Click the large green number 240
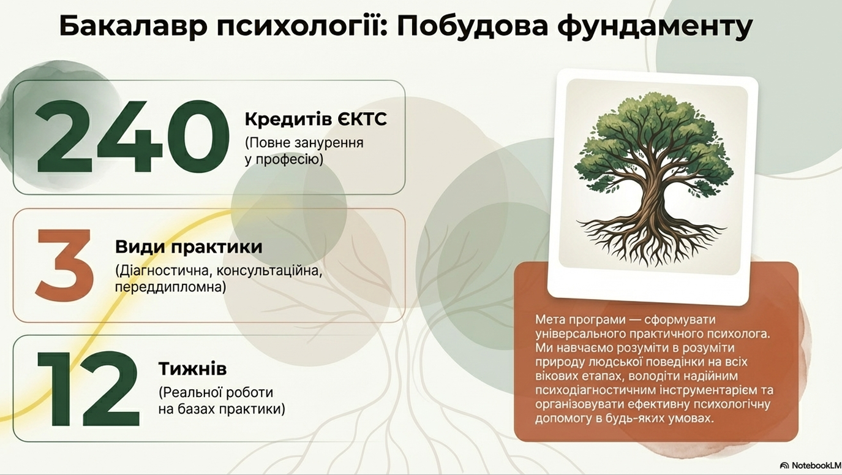pyautogui.click(x=133, y=137)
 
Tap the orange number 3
pyautogui.click(x=65, y=265)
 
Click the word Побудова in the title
pyautogui.click(x=472, y=27)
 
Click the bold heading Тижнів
pyautogui.click(x=192, y=368)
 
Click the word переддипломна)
pyautogui.click(x=171, y=287)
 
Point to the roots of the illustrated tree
pyautogui.click(x=651, y=241)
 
